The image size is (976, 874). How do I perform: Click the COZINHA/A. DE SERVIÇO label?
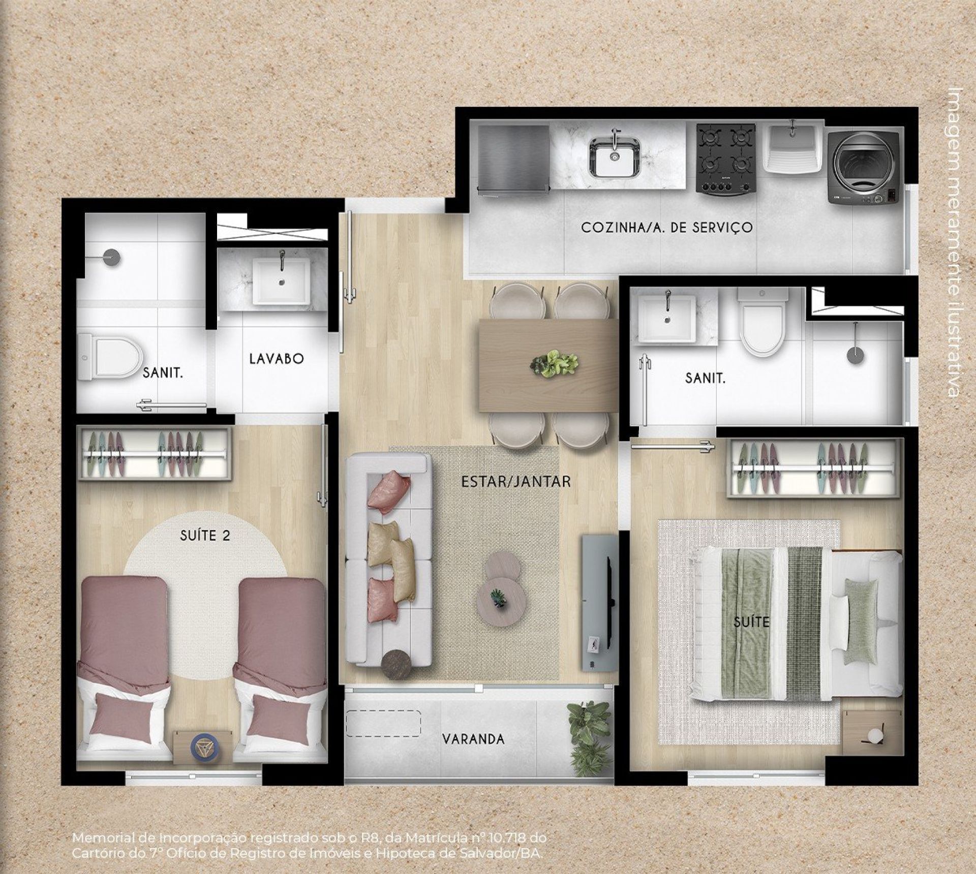pyautogui.click(x=667, y=227)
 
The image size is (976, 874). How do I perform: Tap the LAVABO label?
pyautogui.click(x=277, y=359)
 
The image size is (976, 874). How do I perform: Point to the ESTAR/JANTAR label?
pyautogui.click(x=516, y=481)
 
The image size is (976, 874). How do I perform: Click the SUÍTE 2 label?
pyautogui.click(x=205, y=535)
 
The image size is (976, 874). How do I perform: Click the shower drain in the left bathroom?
pyautogui.click(x=110, y=257)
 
